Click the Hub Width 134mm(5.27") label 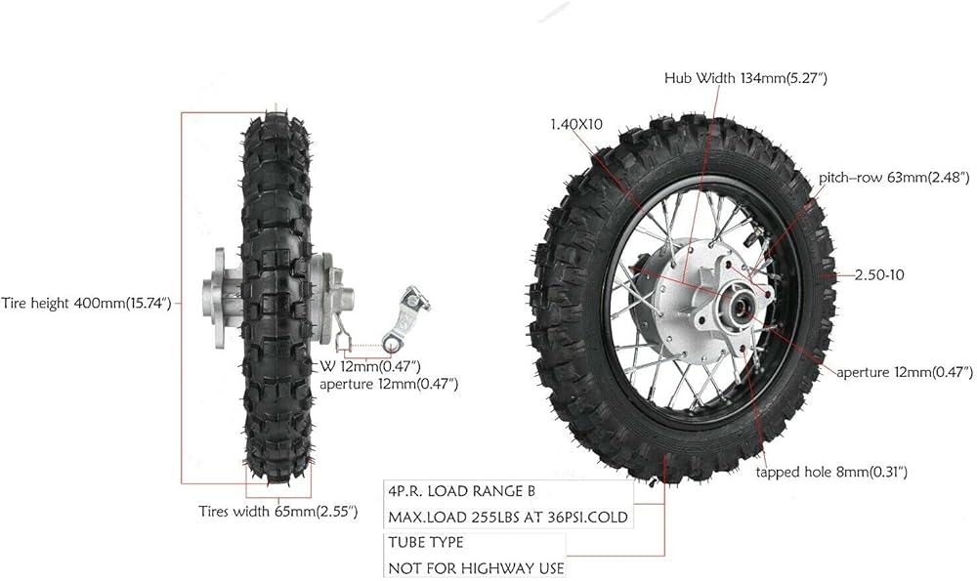745,78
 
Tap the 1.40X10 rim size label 576,125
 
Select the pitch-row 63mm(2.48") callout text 894,178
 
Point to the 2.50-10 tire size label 879,274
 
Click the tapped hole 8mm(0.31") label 831,472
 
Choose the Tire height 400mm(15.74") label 86,304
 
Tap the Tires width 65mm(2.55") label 278,512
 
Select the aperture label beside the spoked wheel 904,372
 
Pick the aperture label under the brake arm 389,384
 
